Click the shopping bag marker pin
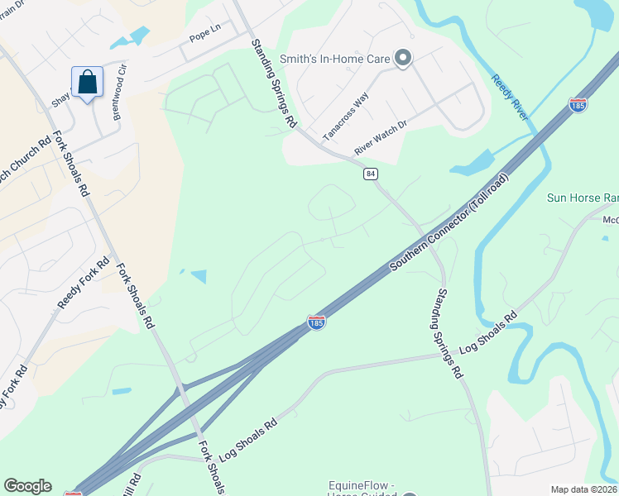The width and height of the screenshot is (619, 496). [x=87, y=83]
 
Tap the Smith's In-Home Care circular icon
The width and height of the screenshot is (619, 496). [x=403, y=57]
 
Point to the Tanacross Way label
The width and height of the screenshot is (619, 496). [x=345, y=107]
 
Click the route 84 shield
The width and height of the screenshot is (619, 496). [x=370, y=174]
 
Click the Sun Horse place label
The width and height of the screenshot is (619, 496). [x=583, y=198]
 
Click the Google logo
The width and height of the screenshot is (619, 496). [x=27, y=486]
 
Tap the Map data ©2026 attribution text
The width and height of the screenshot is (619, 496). [x=584, y=489]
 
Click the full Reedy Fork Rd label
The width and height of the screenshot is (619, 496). [x=84, y=284]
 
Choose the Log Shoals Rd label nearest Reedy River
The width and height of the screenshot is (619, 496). [x=488, y=333]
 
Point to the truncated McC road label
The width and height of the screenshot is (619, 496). [x=610, y=220]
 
